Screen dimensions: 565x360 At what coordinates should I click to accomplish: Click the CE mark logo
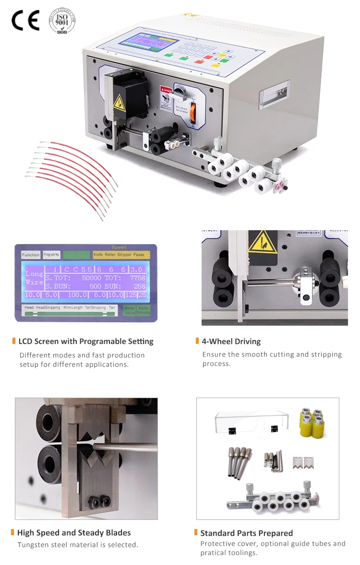pos(25,21)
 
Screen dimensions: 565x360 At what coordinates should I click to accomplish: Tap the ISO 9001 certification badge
pos(62,21)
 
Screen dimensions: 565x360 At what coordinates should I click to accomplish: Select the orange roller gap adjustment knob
pos(193,112)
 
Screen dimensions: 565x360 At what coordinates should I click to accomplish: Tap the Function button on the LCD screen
pos(31,255)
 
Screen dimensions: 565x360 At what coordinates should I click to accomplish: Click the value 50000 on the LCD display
pos(91,278)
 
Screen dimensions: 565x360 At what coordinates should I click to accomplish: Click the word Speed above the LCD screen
pos(119,247)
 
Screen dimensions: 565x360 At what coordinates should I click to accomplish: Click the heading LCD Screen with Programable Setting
pos(85,341)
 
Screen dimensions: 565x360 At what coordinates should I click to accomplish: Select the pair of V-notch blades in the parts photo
pos(300,463)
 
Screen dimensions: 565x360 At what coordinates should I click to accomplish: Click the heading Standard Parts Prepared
pos(246,533)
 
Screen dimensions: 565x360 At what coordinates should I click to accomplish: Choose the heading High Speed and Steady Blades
pos(73,532)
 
